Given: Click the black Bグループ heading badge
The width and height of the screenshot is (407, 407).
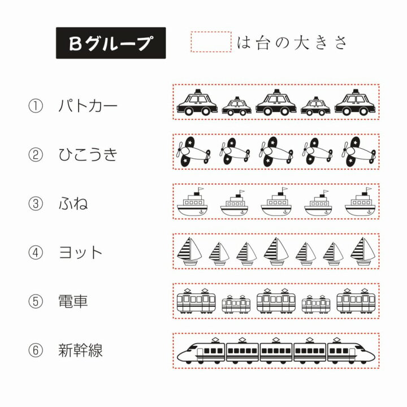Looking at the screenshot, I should pyautogui.click(x=111, y=43).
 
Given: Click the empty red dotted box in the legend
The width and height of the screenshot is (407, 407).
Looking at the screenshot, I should pyautogui.click(x=211, y=42).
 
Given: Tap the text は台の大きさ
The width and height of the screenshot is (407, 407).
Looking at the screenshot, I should pyautogui.click(x=293, y=43).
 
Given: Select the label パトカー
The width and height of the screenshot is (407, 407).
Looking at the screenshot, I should pyautogui.click(x=89, y=105).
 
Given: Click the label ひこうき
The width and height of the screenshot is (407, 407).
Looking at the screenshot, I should pyautogui.click(x=88, y=154).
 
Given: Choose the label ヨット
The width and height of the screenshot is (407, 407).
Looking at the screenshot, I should pyautogui.click(x=81, y=253).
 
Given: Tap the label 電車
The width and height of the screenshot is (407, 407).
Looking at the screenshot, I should pyautogui.click(x=73, y=302).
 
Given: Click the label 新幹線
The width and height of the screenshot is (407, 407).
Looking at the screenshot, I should pyautogui.click(x=81, y=351).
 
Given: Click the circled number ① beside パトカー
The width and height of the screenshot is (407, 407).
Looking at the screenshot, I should pyautogui.click(x=35, y=105).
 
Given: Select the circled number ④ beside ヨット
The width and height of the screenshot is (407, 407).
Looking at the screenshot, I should pyautogui.click(x=35, y=253).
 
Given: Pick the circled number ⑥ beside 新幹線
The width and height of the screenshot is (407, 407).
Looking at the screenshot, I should pyautogui.click(x=35, y=351).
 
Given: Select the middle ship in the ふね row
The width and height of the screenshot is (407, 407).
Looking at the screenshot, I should pyautogui.click(x=275, y=202).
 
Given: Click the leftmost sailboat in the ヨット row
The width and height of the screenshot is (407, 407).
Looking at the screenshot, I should pyautogui.click(x=189, y=251).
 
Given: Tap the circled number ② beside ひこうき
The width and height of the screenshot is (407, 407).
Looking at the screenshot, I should pyautogui.click(x=35, y=154).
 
